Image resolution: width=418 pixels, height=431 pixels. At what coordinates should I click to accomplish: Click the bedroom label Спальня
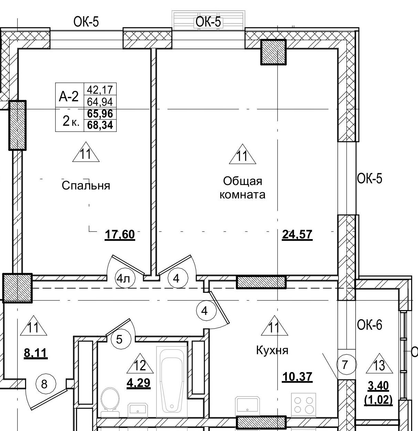[x=86, y=186]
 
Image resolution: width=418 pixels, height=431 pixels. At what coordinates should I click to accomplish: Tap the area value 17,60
[x=120, y=235]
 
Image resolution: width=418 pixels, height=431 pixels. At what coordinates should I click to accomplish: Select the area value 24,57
[x=297, y=235]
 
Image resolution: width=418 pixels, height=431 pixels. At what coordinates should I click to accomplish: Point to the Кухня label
[x=272, y=351]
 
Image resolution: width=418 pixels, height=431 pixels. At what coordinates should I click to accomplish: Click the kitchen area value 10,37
[x=297, y=377]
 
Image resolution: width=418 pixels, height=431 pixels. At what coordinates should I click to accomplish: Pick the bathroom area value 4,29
[x=139, y=383]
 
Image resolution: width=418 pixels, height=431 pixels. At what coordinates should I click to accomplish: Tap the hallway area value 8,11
[x=35, y=353]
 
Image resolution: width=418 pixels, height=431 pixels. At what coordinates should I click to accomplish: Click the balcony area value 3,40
[x=378, y=386]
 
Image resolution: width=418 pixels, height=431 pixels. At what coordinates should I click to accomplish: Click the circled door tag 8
[x=44, y=383]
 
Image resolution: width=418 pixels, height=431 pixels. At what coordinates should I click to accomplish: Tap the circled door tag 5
[x=119, y=340]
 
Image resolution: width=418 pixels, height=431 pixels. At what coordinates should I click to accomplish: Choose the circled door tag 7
[x=345, y=365]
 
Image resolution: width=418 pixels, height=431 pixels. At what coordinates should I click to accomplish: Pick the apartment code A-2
[x=69, y=97]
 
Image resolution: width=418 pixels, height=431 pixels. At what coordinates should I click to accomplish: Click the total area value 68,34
[x=100, y=125]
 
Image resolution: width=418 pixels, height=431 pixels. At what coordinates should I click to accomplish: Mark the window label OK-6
[x=369, y=325]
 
